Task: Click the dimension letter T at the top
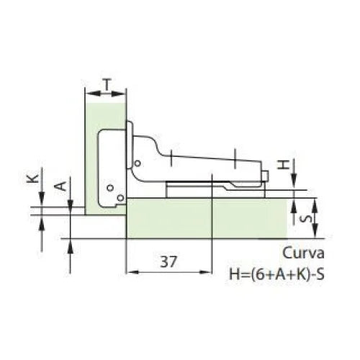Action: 107,84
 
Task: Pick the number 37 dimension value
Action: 168,261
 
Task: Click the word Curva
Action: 303,253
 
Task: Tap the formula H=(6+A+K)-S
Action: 276,274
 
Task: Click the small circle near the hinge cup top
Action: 138,163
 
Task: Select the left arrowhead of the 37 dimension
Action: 132,272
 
